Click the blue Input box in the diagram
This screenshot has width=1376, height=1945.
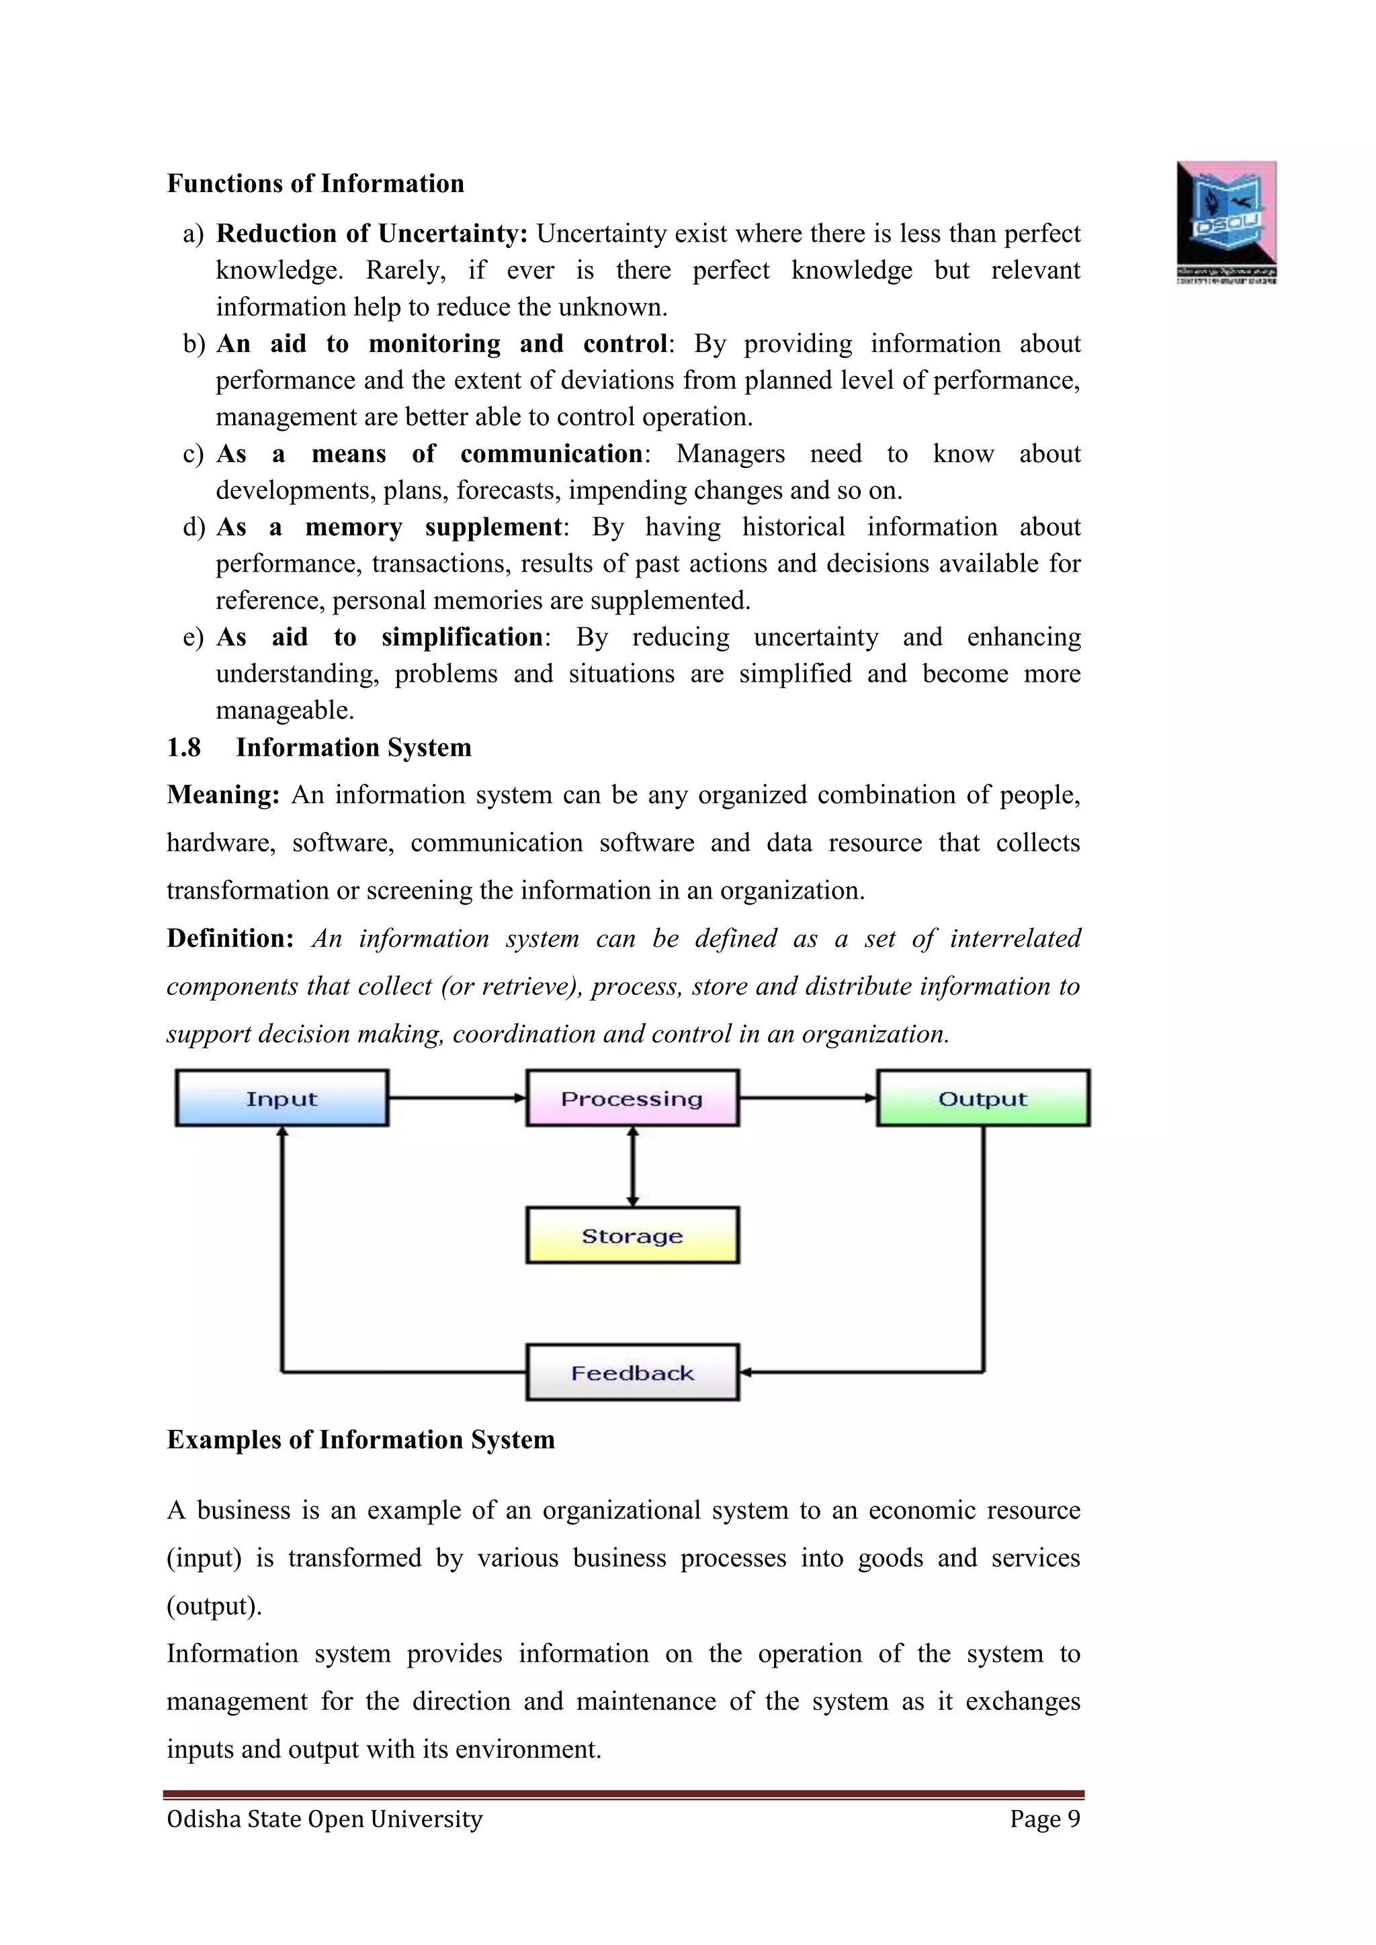click(x=282, y=1098)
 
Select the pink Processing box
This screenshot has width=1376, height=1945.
click(x=632, y=1098)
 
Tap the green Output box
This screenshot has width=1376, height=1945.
click(x=983, y=1098)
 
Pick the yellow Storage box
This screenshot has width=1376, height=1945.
click(x=632, y=1235)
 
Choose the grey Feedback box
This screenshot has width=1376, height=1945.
click(x=632, y=1372)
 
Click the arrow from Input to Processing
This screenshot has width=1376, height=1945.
click(x=457, y=1098)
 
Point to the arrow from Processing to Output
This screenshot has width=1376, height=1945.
click(x=808, y=1098)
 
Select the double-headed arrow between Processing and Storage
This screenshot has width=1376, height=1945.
click(x=632, y=1167)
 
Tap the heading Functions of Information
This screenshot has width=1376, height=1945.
click(x=315, y=184)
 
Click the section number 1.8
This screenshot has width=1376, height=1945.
click(x=184, y=747)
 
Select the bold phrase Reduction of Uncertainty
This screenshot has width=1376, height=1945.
click(x=371, y=233)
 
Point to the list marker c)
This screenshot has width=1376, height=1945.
click(x=193, y=454)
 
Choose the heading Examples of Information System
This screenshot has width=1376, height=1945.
click(x=360, y=1440)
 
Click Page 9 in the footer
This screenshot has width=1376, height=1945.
click(x=1045, y=1819)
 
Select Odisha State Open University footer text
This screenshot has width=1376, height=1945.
click(x=325, y=1819)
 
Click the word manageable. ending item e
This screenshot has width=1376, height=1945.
click(x=285, y=710)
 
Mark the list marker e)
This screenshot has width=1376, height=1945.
click(x=193, y=637)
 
